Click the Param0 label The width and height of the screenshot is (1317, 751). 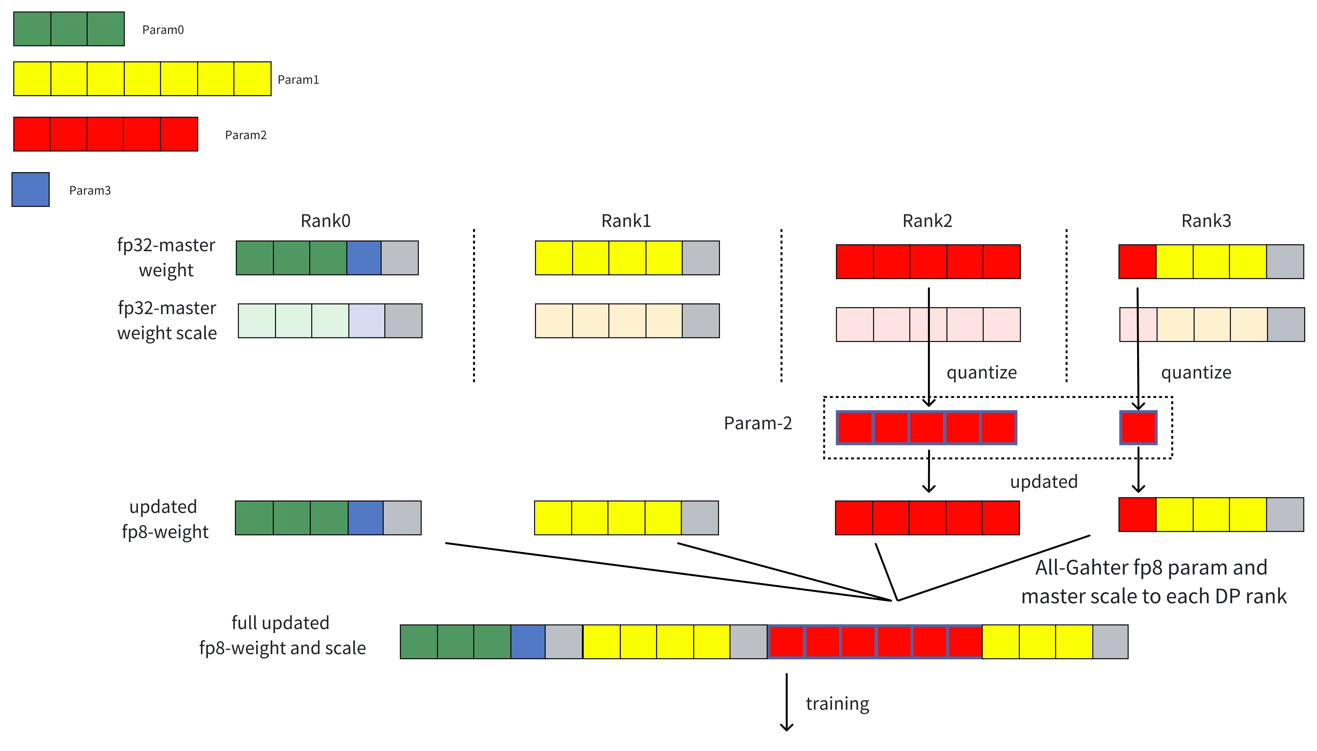tap(163, 30)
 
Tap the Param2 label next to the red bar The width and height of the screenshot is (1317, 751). tap(245, 135)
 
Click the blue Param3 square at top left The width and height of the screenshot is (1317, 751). tap(30, 189)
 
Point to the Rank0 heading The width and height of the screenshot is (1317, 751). tap(325, 221)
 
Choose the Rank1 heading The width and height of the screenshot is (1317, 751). tap(626, 221)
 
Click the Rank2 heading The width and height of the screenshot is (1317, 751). tap(927, 221)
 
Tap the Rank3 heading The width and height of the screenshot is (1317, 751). tap(1206, 221)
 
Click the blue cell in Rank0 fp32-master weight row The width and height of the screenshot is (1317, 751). tap(364, 258)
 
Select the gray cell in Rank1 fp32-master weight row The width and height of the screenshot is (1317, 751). tap(701, 258)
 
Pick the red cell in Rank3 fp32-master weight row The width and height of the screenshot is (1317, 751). tap(1137, 262)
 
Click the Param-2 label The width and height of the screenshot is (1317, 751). tap(758, 423)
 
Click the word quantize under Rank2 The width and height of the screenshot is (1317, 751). tap(981, 372)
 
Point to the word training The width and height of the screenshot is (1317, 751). tap(837, 704)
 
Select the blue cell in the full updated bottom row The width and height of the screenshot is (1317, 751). tap(528, 642)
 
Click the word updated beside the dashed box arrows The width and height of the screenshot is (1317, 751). tap(1044, 481)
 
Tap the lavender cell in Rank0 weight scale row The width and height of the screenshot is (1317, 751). tap(367, 321)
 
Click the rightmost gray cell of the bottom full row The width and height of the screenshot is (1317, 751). tap(1110, 642)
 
